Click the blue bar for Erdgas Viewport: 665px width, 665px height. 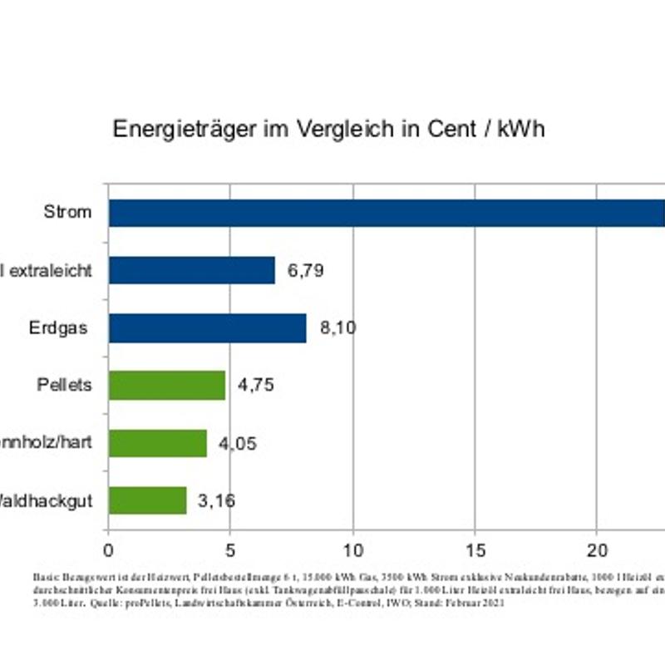coord(208,328)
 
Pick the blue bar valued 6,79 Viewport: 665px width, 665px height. coord(192,270)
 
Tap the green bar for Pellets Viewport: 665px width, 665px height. coord(167,385)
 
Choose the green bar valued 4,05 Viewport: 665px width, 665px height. coord(158,443)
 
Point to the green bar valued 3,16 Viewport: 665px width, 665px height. coord(147,500)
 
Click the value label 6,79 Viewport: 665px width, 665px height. coord(305,270)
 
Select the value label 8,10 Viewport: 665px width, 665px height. coord(337,328)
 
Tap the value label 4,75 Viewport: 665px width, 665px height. coord(256,386)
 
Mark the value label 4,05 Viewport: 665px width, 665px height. coord(238,444)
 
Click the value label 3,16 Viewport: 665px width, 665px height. coord(216,501)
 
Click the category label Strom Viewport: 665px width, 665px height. coord(67,212)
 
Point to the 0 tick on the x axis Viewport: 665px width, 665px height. coord(108,549)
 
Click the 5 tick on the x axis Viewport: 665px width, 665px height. coord(230,549)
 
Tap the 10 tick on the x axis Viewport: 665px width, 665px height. coord(352,549)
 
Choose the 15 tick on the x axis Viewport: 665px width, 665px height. coord(475,549)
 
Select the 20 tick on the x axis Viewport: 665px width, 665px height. coord(597,549)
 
